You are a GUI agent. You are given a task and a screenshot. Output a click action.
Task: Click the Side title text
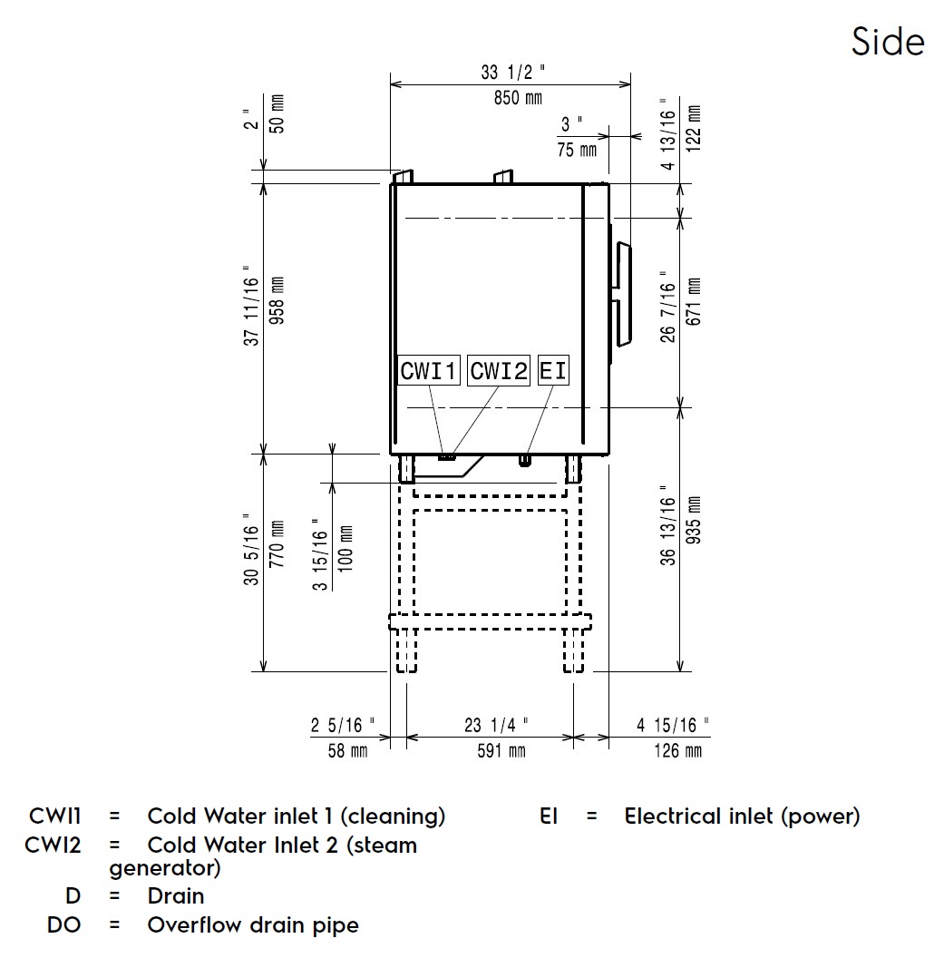point(888,42)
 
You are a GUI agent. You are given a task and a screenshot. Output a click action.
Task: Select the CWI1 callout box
point(430,371)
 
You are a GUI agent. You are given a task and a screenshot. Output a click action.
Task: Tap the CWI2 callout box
point(498,371)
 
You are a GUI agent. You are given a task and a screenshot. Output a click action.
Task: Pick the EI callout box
point(552,371)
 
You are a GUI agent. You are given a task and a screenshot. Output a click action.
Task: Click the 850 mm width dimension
point(518,98)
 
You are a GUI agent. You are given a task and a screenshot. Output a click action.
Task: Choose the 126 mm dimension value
point(676,751)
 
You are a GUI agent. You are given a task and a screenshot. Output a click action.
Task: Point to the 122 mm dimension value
point(694,132)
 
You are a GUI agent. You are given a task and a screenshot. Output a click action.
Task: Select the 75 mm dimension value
point(577,150)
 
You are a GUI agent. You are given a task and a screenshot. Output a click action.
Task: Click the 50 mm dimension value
point(277,112)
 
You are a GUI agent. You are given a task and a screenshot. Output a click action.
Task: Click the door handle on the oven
point(623,294)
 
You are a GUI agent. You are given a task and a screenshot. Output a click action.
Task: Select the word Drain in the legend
point(176,896)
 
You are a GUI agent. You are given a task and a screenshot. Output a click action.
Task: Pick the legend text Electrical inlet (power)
point(742,816)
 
